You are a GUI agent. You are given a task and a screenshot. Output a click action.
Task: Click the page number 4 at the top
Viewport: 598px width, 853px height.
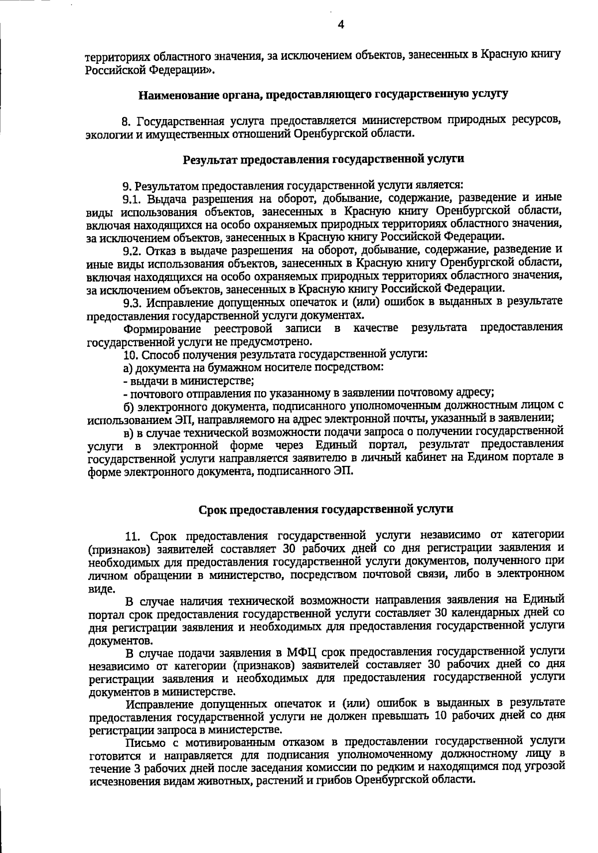tap(340, 25)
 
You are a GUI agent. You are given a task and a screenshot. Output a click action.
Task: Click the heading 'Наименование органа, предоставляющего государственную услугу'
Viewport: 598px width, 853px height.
tap(323, 94)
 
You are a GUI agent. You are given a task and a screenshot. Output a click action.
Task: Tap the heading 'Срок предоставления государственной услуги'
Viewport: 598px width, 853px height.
tap(326, 509)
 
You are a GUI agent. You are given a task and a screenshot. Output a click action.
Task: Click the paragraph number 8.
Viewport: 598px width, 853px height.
tap(126, 121)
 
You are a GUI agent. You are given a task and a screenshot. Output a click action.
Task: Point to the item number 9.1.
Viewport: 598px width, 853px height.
tap(132, 199)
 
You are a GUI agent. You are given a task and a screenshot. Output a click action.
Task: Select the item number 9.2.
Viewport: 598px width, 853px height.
tap(133, 250)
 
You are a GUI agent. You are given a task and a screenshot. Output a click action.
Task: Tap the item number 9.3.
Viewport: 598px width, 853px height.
tap(133, 302)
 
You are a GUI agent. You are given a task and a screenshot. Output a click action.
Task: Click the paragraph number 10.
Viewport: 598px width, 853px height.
tap(130, 355)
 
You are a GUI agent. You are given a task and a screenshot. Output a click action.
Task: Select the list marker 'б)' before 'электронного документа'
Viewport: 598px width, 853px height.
tap(128, 407)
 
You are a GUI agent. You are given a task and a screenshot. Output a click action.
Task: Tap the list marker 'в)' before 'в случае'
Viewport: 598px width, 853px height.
tap(128, 432)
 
